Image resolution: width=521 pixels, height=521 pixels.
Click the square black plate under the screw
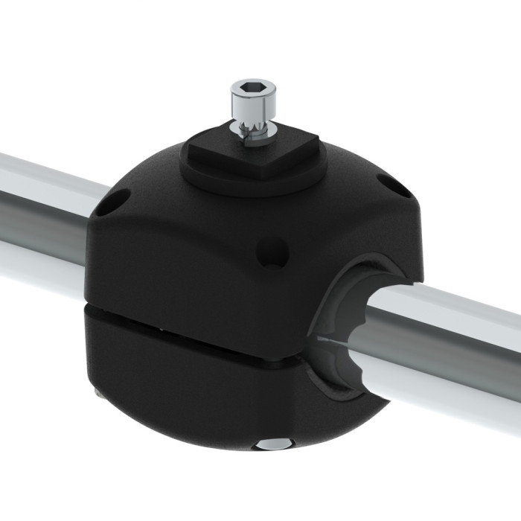tap(253, 155)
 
